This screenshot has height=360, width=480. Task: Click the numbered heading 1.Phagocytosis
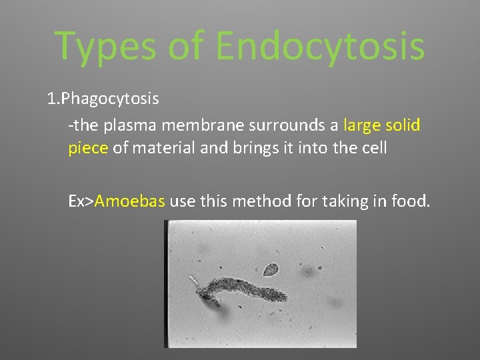coord(103,99)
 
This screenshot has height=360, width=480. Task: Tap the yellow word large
coord(363,126)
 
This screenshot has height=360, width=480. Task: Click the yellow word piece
coord(87,148)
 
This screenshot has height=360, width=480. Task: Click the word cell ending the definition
coord(374,148)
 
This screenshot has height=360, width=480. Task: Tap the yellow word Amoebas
coord(130,201)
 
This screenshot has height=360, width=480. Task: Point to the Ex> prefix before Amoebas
coord(81,201)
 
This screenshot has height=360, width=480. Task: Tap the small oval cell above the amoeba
coord(270,270)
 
